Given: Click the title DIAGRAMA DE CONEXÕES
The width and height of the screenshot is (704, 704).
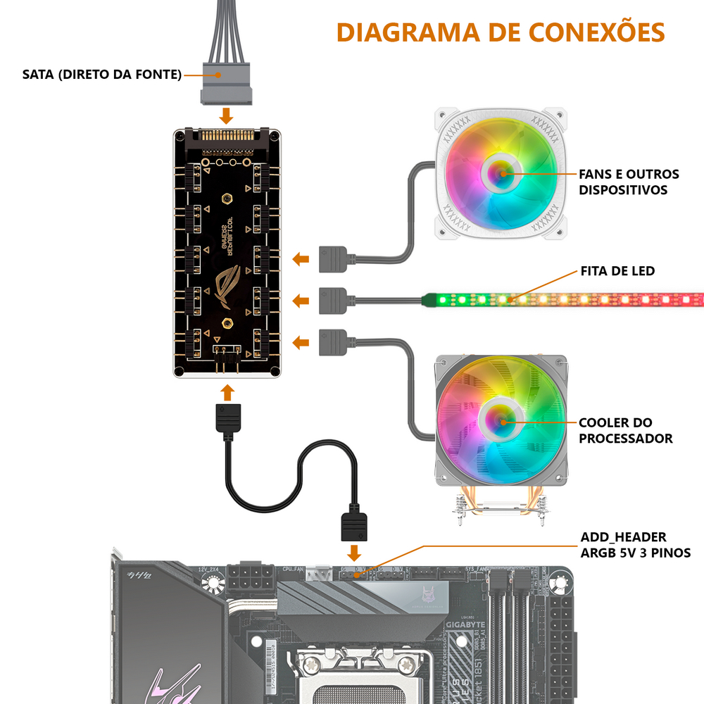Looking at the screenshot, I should tap(500, 32).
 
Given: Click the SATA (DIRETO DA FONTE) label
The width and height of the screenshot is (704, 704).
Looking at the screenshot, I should tap(102, 74).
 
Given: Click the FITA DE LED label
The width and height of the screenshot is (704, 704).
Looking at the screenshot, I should tap(617, 270).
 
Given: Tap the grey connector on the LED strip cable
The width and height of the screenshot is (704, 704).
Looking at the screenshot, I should tap(333, 300).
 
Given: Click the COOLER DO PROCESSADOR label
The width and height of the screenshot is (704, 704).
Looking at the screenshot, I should tap(625, 430).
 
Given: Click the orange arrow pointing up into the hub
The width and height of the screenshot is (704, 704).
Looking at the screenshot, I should tap(227, 391).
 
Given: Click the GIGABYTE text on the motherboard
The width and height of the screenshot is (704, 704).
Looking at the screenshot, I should tap(465, 624).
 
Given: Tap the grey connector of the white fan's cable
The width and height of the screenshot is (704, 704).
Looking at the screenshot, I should tap(333, 258).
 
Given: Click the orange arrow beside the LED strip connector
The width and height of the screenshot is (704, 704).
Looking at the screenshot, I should tap(301, 301).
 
